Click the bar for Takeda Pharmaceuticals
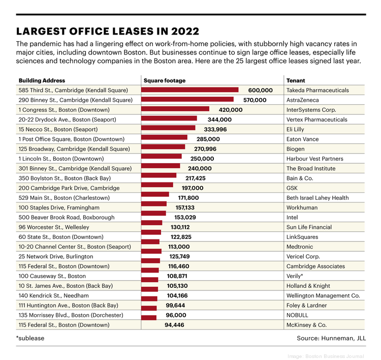click(189, 91)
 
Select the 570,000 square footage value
click(255, 100)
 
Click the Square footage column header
click(165, 80)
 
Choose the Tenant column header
click(296, 80)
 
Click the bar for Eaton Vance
click(164, 139)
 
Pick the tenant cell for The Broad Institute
click(311, 169)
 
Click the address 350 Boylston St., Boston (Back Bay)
click(65, 178)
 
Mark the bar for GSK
click(157, 188)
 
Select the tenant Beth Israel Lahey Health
click(317, 198)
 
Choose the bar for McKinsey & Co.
click(149, 325)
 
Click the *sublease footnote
click(29, 338)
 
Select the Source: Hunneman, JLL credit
click(331, 338)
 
